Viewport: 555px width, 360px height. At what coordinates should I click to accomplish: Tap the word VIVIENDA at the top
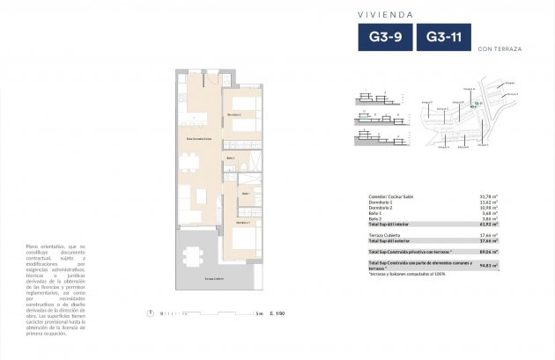[387, 14]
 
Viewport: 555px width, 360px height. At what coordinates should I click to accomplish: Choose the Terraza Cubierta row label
[387, 236]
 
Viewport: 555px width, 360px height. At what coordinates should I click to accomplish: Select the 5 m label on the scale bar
[260, 312]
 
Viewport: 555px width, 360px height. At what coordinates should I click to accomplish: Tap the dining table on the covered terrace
[193, 256]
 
